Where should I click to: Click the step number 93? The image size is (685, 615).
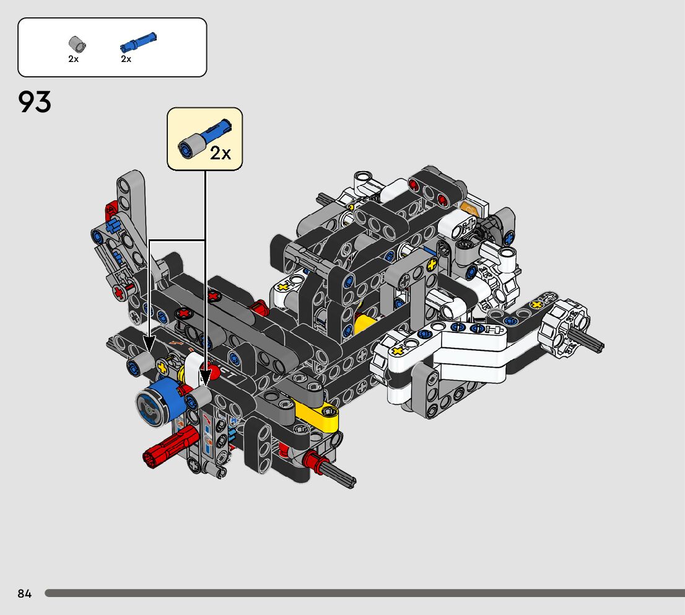click(35, 102)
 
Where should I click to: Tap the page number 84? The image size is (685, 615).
click(25, 593)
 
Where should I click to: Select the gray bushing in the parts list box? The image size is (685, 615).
click(77, 44)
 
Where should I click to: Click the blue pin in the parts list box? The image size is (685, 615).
click(138, 42)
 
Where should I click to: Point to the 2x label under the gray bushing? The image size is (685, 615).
click(73, 59)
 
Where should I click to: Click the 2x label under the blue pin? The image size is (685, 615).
click(126, 59)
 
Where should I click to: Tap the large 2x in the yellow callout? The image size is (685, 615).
click(220, 153)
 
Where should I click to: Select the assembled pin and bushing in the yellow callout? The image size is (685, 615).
click(204, 138)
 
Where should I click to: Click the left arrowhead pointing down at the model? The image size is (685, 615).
click(149, 343)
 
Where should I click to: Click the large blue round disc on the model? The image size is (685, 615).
click(159, 402)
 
